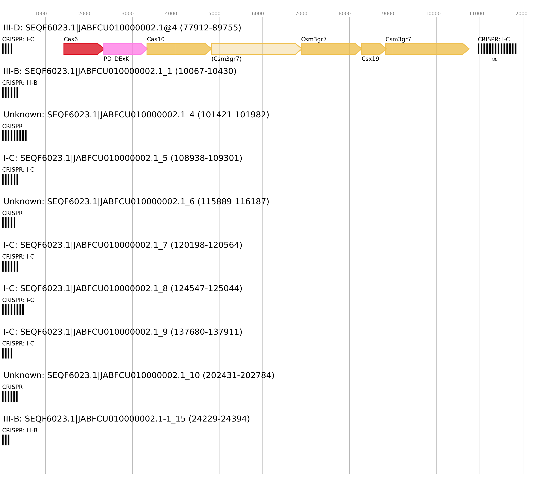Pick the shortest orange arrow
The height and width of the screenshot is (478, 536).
[x=373, y=49]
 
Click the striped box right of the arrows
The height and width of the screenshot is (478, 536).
[x=497, y=49]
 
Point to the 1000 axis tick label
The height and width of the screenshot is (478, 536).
[x=41, y=14]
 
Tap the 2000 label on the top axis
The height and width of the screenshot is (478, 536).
[x=84, y=14]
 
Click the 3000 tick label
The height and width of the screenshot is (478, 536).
[x=127, y=14]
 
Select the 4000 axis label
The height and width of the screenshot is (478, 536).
[x=171, y=14]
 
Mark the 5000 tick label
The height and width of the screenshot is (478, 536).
[x=214, y=14]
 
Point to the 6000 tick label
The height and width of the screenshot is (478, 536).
[x=258, y=14]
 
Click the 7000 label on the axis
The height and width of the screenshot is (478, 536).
[x=301, y=14]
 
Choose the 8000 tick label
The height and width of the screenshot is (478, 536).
[x=345, y=14]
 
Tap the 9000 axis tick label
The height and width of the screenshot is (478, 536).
[x=388, y=14]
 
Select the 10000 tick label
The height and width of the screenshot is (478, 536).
[x=433, y=14]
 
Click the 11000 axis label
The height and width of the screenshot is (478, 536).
[x=477, y=14]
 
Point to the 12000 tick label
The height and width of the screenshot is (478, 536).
[x=520, y=14]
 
